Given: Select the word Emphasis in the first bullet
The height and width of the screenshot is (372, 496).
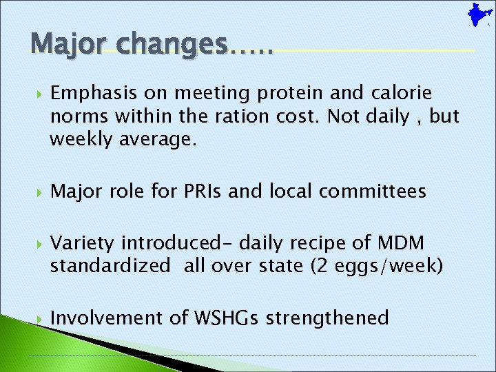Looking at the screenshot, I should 90,93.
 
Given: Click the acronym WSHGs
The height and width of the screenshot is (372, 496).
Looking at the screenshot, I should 227,318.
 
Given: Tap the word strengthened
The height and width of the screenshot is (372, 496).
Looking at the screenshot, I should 327,318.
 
